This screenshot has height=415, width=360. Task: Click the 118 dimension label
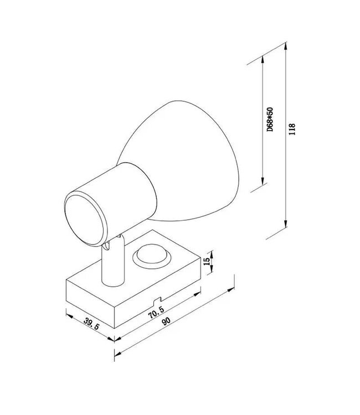pyautogui.click(x=292, y=129)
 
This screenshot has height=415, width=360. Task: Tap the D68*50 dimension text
pyautogui.click(x=270, y=120)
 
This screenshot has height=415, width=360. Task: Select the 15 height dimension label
pyautogui.click(x=207, y=261)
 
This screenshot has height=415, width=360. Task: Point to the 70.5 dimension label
pyautogui.click(x=157, y=313)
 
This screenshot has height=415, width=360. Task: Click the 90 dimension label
pyautogui.click(x=166, y=321)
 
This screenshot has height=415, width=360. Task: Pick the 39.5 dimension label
pyautogui.click(x=91, y=324)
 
